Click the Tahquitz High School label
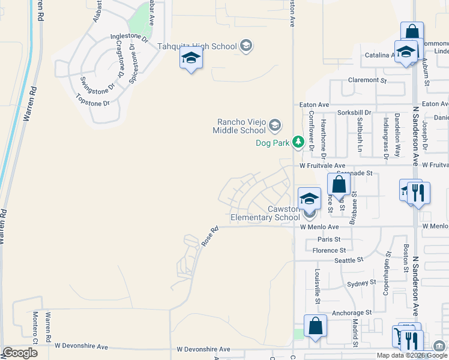point(197,46)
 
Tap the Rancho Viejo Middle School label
point(241,126)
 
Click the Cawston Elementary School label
point(265,213)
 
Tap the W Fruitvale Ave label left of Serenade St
point(323,165)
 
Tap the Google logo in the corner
point(20,353)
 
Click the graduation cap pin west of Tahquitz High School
point(191,59)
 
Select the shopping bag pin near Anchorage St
point(315,326)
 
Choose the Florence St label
point(330,250)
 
